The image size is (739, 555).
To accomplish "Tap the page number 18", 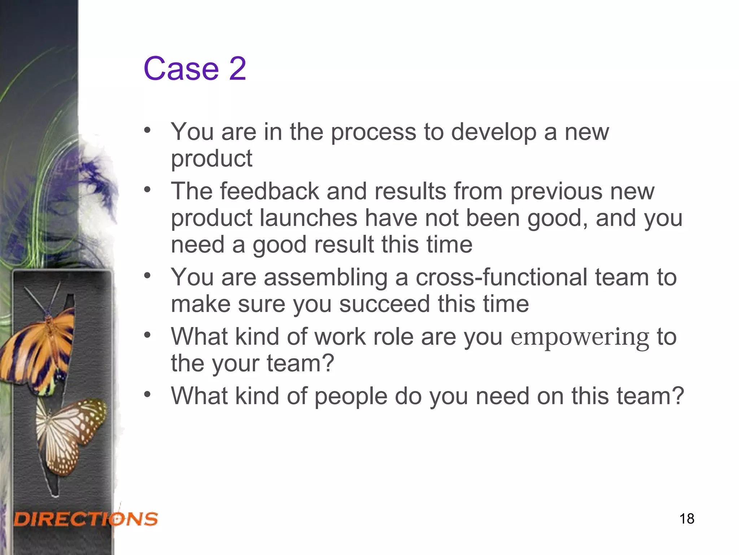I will [x=687, y=519].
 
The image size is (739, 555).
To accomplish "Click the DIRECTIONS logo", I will [x=86, y=519].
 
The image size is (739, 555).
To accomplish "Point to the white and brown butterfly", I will [x=70, y=434].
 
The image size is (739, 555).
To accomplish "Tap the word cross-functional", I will [x=502, y=277].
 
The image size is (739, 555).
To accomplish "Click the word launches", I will [x=309, y=218].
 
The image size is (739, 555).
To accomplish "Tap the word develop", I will [x=494, y=132].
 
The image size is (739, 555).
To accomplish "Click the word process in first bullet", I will [x=373, y=132].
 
